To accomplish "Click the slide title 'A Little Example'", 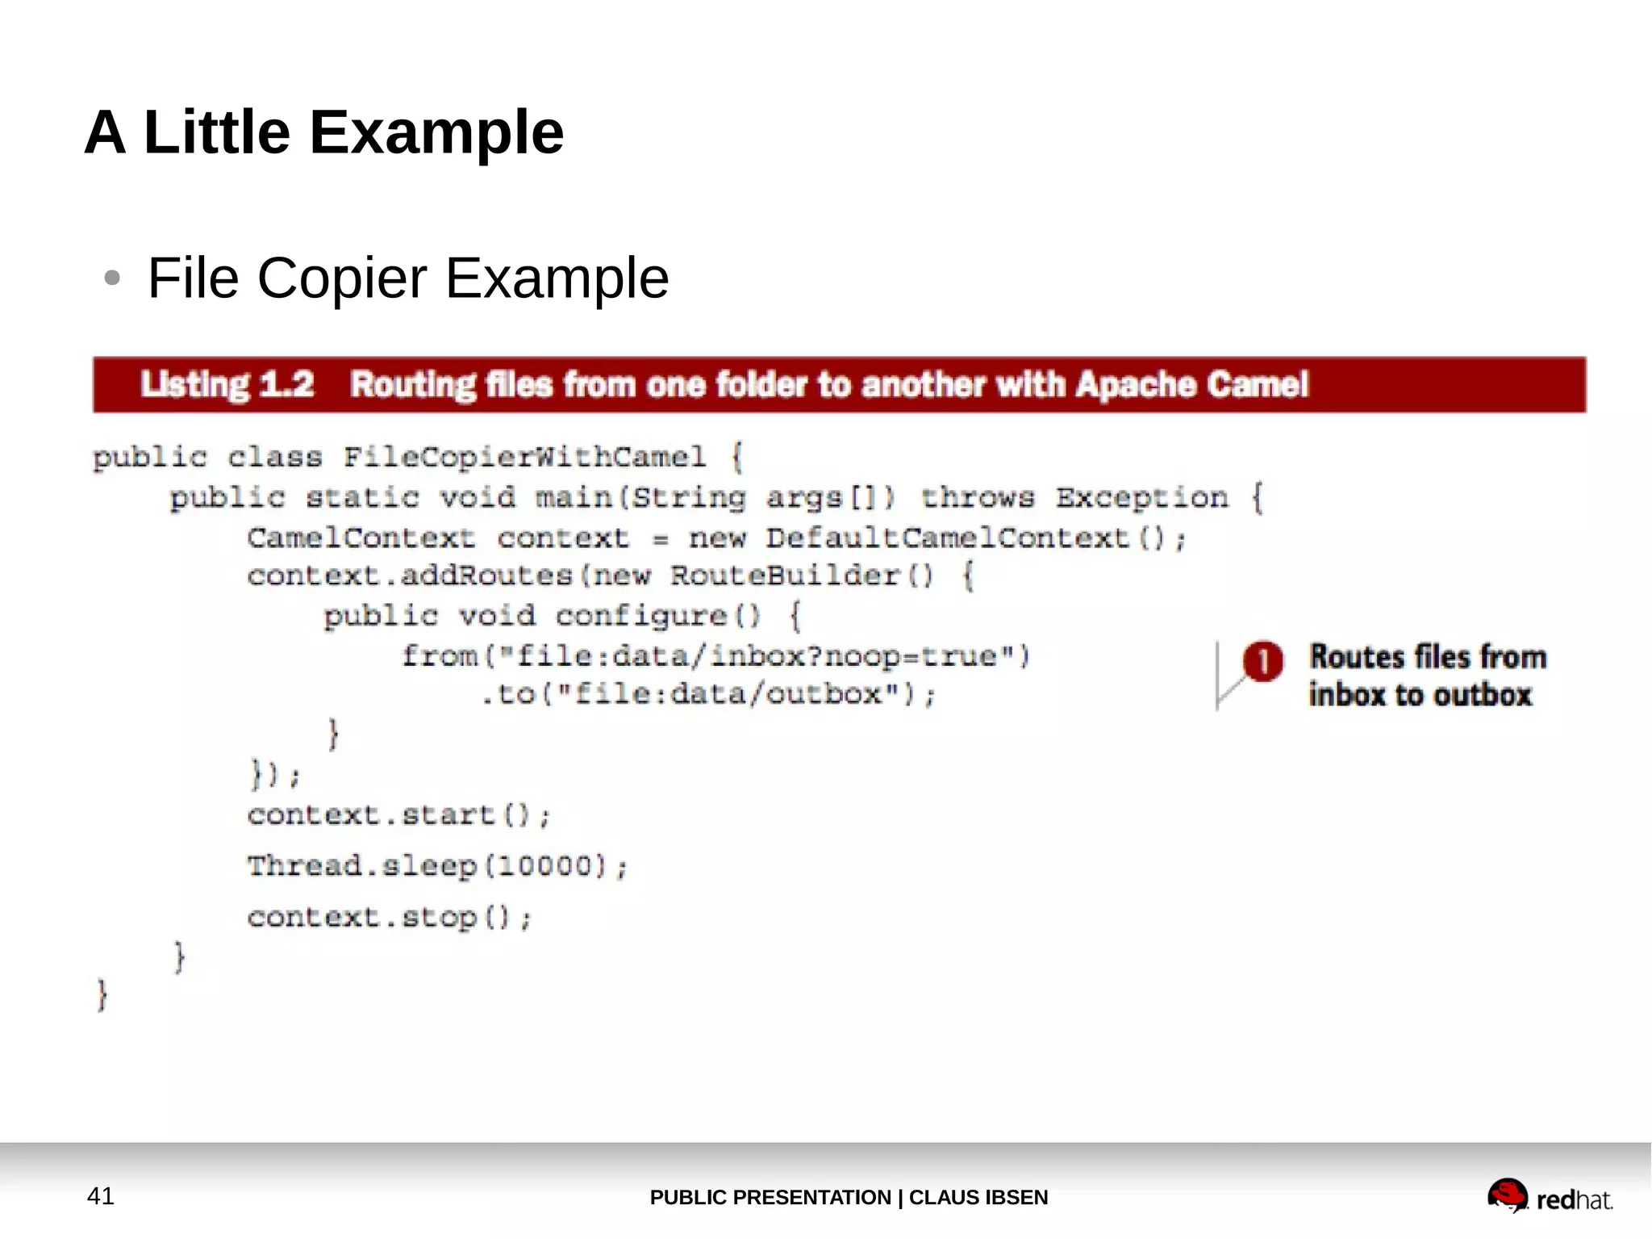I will (323, 132).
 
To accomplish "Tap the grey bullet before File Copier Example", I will (112, 278).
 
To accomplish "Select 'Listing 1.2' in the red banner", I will (227, 385).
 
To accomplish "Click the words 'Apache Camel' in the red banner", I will (1191, 385).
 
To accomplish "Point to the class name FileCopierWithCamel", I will (524, 458).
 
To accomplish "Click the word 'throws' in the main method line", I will (977, 497).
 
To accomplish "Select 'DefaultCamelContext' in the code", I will (947, 538).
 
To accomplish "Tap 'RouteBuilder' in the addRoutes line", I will (784, 576).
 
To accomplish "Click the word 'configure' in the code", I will (641, 616).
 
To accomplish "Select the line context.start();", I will (398, 815).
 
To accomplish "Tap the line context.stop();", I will (389, 918).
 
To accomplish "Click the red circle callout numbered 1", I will (1262, 661).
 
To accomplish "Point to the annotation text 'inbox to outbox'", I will (1420, 695).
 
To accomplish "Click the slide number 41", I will (101, 1195).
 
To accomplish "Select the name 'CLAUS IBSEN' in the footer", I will (978, 1197).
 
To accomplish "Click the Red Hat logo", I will (1550, 1195).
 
